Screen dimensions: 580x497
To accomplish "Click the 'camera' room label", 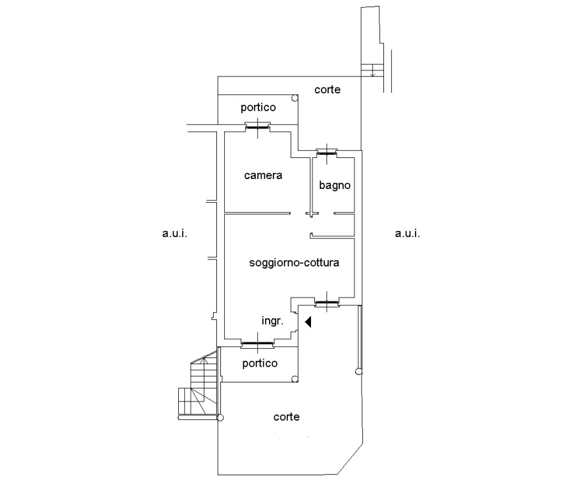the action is [x=263, y=175].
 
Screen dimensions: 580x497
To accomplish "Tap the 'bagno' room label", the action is [x=335, y=185].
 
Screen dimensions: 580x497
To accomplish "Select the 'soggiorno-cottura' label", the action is [x=294, y=263].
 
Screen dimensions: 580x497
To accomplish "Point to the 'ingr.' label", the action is [x=273, y=321].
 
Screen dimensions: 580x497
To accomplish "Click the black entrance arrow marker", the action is [x=308, y=322].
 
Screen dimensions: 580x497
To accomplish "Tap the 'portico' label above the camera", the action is [x=258, y=108].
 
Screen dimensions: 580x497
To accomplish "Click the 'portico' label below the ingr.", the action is [x=260, y=363].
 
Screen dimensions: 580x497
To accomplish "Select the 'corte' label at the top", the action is [x=327, y=90].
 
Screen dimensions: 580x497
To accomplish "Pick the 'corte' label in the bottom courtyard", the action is [x=286, y=417].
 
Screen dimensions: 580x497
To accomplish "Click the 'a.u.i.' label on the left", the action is [x=175, y=233].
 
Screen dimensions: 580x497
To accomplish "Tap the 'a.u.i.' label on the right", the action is [x=407, y=233].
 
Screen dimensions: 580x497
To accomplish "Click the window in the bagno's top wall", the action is [x=327, y=152].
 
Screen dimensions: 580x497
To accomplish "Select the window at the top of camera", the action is [x=258, y=127].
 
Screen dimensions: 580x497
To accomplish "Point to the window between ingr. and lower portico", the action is [x=258, y=344].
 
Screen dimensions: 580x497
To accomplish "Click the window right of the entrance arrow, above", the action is [x=327, y=303].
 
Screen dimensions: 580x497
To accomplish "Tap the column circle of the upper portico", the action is [x=295, y=98].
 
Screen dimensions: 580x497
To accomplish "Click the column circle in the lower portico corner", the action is [x=295, y=379].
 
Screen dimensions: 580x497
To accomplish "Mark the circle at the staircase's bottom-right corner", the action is [x=220, y=418].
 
